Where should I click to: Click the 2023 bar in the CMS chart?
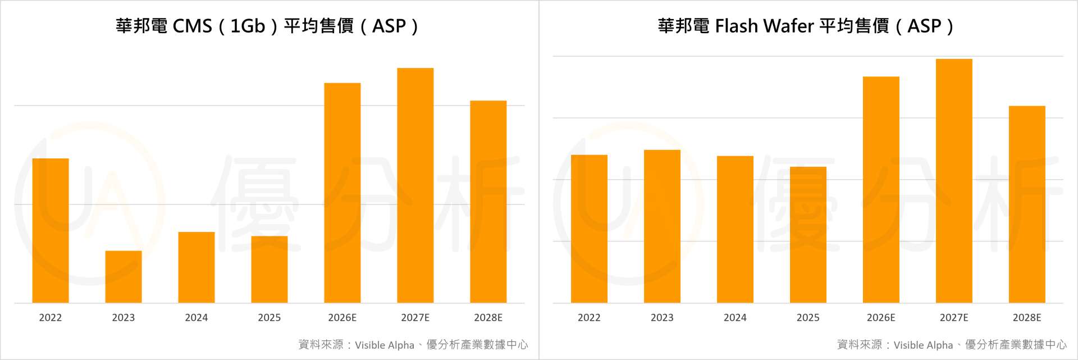[124, 277]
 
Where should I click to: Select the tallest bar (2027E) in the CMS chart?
[415, 185]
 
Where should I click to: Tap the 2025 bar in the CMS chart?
[269, 270]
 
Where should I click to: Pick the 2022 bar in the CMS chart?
[51, 230]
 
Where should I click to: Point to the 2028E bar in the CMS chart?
[488, 202]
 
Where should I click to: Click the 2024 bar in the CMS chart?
[197, 267]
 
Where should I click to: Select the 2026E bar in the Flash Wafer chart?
[881, 190]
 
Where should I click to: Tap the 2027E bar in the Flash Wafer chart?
[954, 181]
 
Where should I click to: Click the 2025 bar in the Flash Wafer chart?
[808, 235]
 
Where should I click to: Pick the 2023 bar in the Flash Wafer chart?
[662, 226]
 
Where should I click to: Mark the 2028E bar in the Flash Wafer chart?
[1027, 204]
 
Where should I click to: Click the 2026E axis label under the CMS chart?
[342, 318]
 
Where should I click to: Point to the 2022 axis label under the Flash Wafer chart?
[589, 318]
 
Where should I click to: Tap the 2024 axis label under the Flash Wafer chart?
[735, 318]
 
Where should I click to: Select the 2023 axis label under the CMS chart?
[124, 318]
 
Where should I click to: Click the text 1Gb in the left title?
[248, 26]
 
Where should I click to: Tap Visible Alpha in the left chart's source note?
[385, 345]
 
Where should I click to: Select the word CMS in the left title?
[192, 26]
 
